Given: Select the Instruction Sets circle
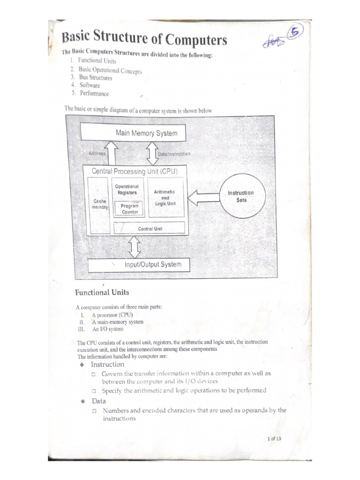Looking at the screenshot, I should (x=240, y=196).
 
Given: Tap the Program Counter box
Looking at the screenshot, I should (x=130, y=209).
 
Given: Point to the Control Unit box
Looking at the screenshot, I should (x=150, y=228).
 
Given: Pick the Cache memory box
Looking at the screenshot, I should (x=101, y=204).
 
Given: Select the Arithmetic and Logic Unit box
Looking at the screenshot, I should (x=165, y=198).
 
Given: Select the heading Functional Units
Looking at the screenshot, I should (x=102, y=292).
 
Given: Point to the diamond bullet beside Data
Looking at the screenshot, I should (x=82, y=402).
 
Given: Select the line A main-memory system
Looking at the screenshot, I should (x=117, y=322).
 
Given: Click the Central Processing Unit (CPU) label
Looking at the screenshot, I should (x=135, y=171).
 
